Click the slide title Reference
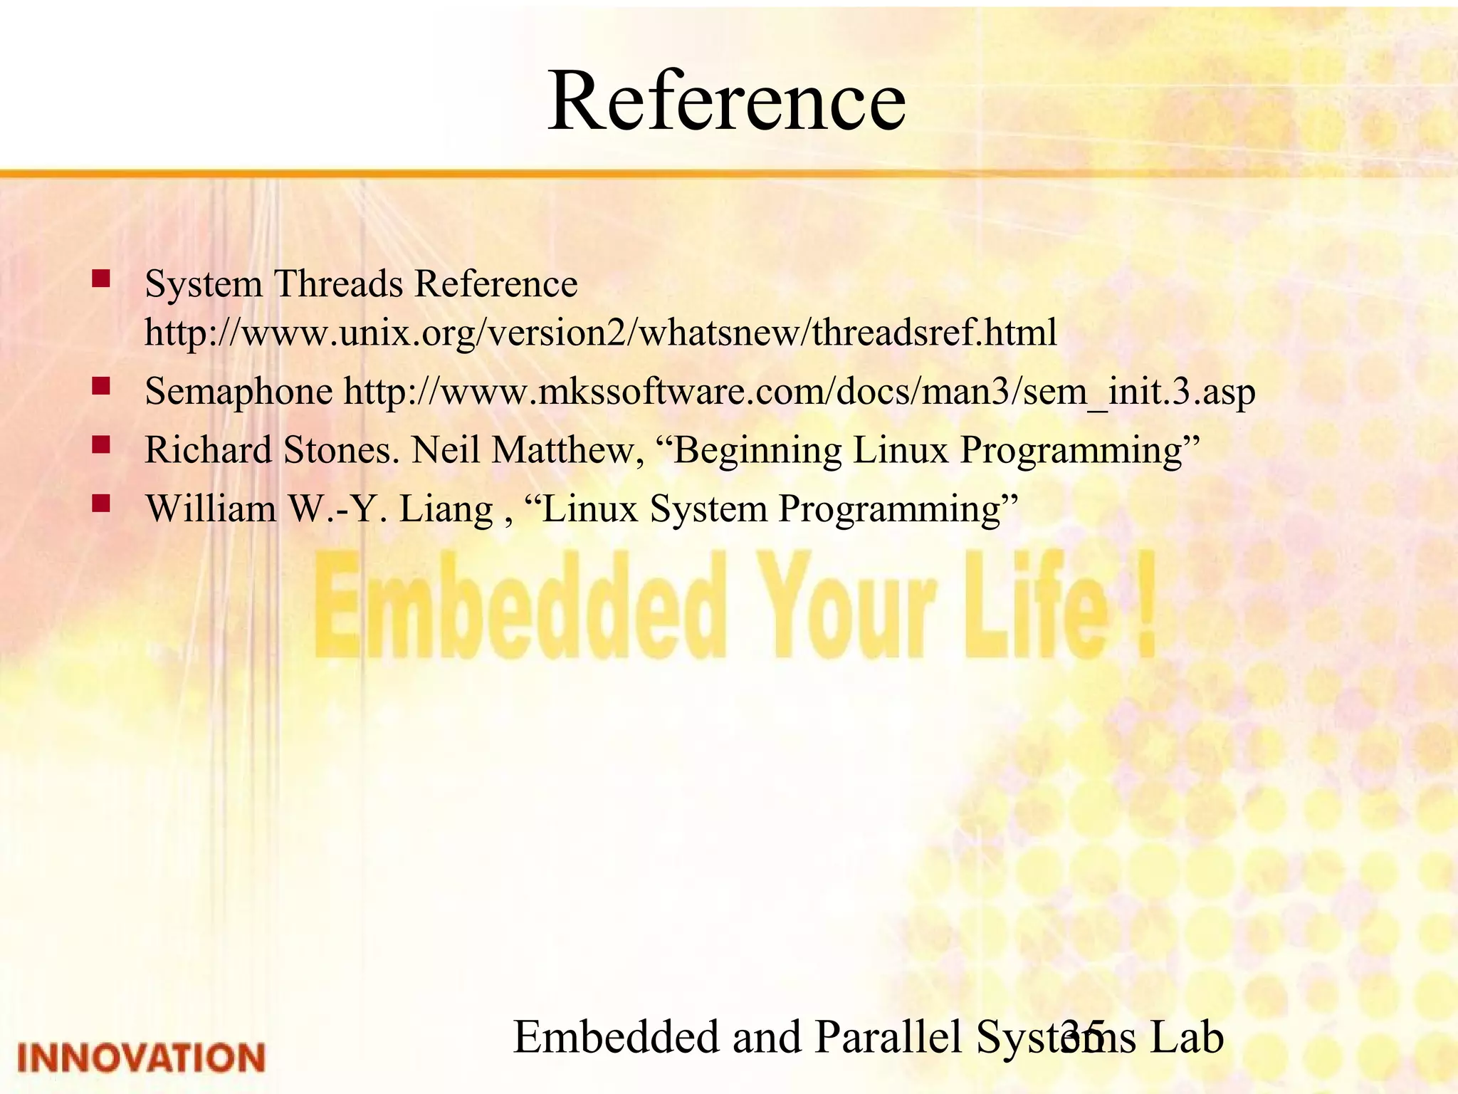point(726,101)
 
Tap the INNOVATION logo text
point(141,1057)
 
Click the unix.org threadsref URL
point(600,333)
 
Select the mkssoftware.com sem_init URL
point(799,392)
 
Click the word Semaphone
point(238,392)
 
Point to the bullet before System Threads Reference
point(100,278)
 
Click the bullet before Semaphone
point(100,387)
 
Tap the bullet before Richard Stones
point(100,446)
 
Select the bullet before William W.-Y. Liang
point(100,504)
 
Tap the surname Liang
point(446,510)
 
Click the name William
point(211,509)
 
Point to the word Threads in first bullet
point(338,284)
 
